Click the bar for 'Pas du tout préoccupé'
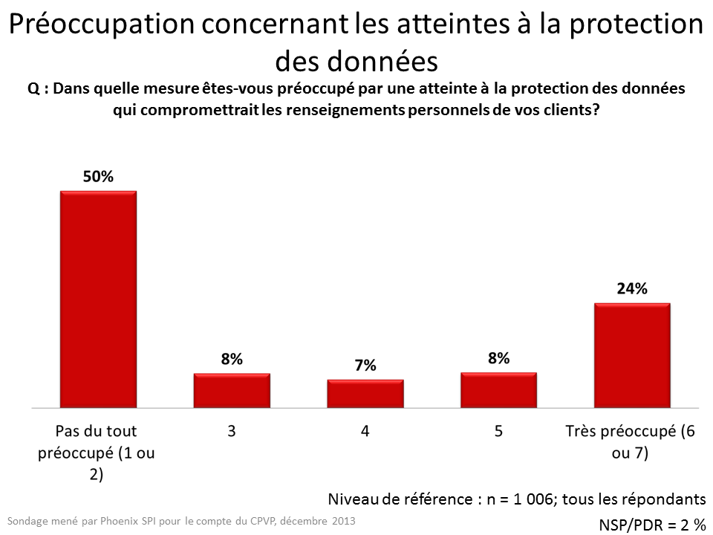(x=98, y=299)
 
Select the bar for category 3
(x=232, y=390)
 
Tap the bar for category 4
(x=365, y=394)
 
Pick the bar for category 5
(x=499, y=390)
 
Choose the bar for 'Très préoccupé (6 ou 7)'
(x=632, y=355)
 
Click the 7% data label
(x=365, y=365)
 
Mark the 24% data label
(x=632, y=289)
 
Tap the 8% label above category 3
(x=232, y=359)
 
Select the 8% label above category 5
(x=499, y=358)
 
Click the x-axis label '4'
(x=365, y=431)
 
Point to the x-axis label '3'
(x=232, y=431)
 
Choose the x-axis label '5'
(x=499, y=431)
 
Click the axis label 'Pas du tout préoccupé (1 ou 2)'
(x=97, y=453)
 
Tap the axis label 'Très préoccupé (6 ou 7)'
(x=631, y=442)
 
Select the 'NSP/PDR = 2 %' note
(x=652, y=525)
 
